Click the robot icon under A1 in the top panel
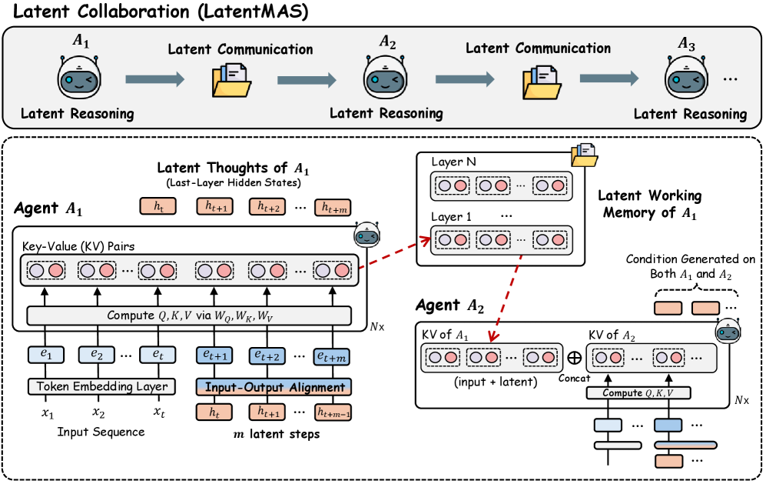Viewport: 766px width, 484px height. click(80, 77)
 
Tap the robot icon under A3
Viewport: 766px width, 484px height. click(687, 77)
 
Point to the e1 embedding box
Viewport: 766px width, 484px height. click(46, 354)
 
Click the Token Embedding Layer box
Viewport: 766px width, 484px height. click(101, 386)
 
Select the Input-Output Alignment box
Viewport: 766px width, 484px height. click(274, 387)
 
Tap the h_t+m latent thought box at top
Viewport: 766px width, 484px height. click(333, 208)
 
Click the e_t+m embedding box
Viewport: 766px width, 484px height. click(332, 356)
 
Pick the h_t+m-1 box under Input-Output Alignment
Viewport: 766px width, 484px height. click(333, 412)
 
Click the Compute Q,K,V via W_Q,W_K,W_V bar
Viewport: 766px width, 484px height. click(189, 315)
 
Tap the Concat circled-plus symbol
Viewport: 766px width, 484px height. click(575, 358)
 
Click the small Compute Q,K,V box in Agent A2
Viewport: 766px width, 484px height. click(638, 393)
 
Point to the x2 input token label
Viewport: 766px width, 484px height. click(98, 413)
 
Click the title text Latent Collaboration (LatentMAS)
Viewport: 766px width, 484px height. click(161, 12)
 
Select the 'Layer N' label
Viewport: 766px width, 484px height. click(453, 162)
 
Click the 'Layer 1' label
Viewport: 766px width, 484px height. click(451, 216)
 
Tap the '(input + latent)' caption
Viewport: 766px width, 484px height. click(496, 382)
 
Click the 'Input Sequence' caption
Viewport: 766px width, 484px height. click(101, 432)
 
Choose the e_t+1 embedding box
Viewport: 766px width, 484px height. click(214, 355)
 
